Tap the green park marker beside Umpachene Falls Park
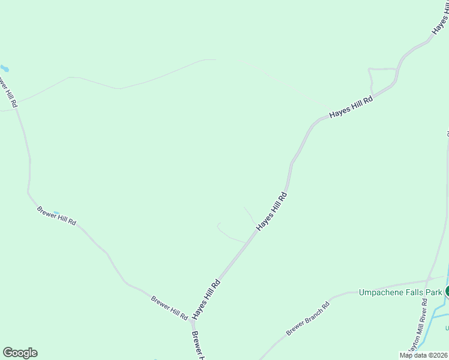click(447, 292)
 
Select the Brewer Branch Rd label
click(308, 319)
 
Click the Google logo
click(20, 353)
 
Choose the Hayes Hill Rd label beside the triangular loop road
click(351, 107)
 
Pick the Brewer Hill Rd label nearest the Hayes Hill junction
click(170, 308)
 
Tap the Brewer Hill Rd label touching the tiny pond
click(56, 215)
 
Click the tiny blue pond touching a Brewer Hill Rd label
click(56, 212)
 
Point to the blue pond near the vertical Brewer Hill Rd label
click(5, 68)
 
